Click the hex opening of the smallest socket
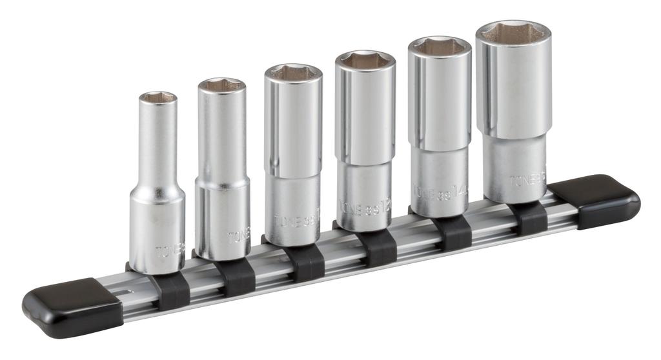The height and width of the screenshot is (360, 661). pyautogui.click(x=158, y=97)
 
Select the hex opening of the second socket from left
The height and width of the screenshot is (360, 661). pyautogui.click(x=221, y=85)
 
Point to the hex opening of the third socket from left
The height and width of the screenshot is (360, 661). pyautogui.click(x=293, y=72)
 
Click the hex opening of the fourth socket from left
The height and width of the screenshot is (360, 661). pyautogui.click(x=365, y=61)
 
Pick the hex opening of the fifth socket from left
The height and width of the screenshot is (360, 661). pyautogui.click(x=439, y=46)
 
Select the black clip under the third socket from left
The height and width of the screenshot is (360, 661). pyautogui.click(x=305, y=262)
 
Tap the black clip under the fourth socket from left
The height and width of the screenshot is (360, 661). pyautogui.click(x=377, y=247)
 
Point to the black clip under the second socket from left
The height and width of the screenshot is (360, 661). pyautogui.click(x=236, y=277)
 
